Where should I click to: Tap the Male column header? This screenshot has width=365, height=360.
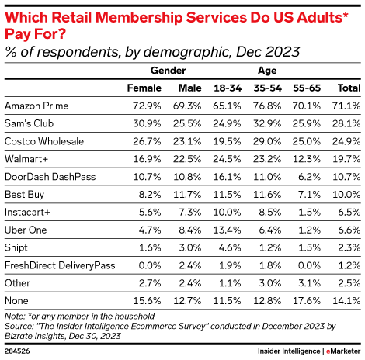[x=189, y=88]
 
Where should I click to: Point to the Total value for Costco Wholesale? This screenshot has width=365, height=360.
[x=345, y=141]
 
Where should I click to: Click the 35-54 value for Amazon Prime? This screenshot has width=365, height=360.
[x=266, y=106]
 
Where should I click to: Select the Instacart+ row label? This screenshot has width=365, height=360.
[x=28, y=212]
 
